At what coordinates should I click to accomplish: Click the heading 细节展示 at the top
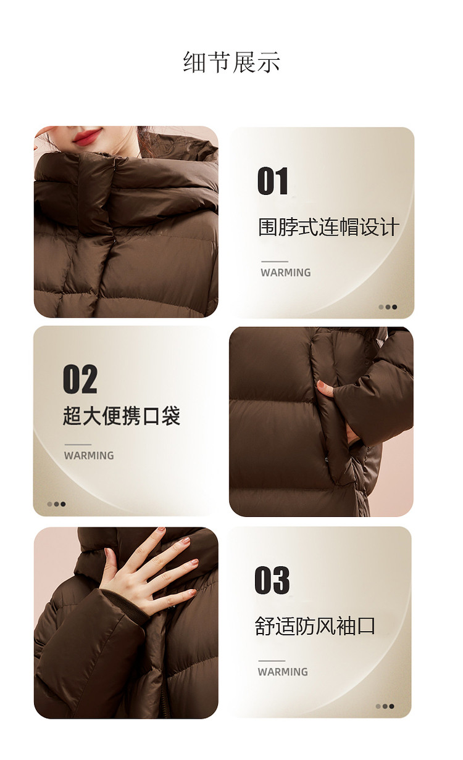[x=231, y=62]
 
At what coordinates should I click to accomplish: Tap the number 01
[x=273, y=181]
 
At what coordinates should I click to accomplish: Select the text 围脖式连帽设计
[x=328, y=226]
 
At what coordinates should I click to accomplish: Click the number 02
[x=80, y=379]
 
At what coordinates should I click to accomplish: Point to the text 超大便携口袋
[x=122, y=415]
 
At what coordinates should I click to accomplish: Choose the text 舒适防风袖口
[x=315, y=626]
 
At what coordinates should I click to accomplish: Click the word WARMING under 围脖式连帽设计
[x=286, y=273]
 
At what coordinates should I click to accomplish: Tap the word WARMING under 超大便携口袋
[x=89, y=456]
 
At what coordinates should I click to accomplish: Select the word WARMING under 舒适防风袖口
[x=283, y=672]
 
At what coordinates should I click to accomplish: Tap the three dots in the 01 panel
[x=388, y=307]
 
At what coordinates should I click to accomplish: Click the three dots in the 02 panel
[x=56, y=504]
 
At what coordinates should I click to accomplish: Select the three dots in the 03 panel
[x=385, y=706]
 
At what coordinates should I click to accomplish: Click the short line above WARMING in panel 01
[x=275, y=262]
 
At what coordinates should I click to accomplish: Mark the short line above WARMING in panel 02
[x=78, y=444]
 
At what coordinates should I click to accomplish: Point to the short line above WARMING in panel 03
[x=272, y=661]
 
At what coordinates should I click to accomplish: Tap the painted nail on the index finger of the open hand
[x=185, y=541]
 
